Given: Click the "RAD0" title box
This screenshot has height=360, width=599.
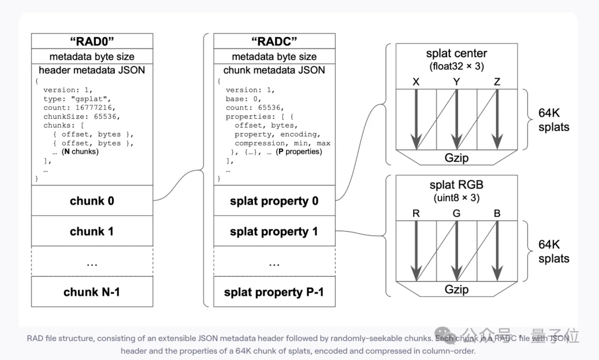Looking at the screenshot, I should (x=92, y=42).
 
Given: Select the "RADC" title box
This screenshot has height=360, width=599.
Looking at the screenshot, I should (x=274, y=42).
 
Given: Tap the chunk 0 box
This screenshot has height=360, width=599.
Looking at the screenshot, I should (x=92, y=201).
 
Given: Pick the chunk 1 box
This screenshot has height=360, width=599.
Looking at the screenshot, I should (x=92, y=231).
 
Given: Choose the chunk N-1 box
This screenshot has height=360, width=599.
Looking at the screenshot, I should (x=92, y=292).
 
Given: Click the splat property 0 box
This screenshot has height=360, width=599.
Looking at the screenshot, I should (x=274, y=201).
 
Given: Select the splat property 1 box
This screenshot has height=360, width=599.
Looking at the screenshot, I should (x=274, y=231).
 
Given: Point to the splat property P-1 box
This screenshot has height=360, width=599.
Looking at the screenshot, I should (x=274, y=292).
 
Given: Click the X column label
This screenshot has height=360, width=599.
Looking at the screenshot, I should (x=415, y=82).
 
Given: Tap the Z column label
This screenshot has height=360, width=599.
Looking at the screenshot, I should (x=497, y=82).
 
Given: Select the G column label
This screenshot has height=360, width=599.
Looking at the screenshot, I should (x=456, y=214).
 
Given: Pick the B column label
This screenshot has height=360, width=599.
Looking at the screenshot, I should (x=497, y=214).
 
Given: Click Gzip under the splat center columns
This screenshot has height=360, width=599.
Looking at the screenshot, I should (x=456, y=158).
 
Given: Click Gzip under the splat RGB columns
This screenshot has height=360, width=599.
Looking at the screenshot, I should (x=456, y=289).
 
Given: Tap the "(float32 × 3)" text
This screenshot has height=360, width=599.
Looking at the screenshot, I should (x=456, y=67).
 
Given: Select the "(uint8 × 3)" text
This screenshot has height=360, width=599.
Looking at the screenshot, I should (x=456, y=198).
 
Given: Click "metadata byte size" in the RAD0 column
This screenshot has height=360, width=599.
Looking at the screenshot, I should (x=92, y=57).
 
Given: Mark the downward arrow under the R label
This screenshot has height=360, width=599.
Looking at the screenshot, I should (x=415, y=250).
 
